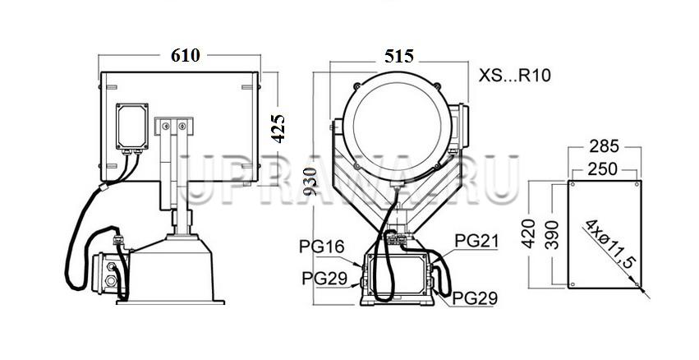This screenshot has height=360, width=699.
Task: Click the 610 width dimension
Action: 186,55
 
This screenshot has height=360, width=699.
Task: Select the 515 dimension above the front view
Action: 399,56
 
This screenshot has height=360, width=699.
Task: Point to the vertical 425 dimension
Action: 278,128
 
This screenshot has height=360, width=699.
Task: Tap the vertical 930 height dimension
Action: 310,181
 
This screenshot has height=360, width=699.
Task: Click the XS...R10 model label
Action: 515,76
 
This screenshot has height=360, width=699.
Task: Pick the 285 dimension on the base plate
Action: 604,145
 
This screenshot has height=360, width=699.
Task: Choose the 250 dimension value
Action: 602,168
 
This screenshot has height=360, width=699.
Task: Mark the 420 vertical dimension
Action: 528,233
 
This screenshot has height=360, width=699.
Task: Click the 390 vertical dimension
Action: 552,234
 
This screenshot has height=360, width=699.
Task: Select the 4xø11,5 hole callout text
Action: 609,243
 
